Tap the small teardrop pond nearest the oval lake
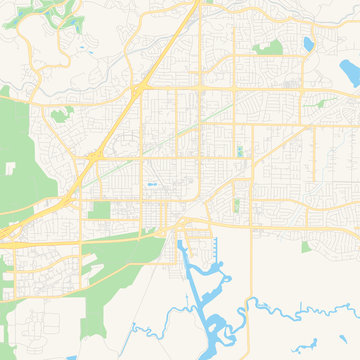click(307, 45)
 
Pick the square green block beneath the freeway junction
click(99, 210)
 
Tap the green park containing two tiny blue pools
click(239, 152)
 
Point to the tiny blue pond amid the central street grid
click(152, 186)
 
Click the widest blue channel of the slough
click(206, 300)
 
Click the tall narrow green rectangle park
click(236, 205)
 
